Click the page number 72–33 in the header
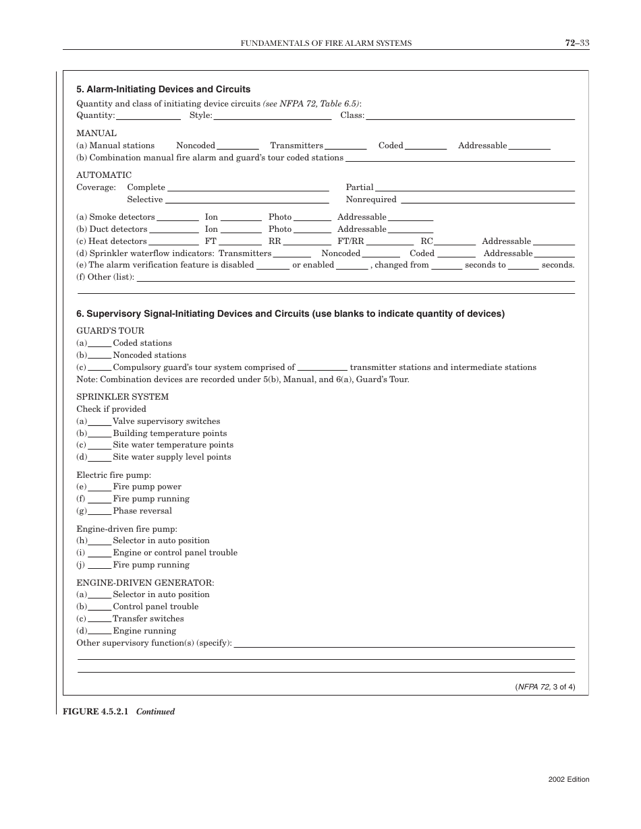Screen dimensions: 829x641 coord(577,43)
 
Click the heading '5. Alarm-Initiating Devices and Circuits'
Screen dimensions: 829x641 coord(163,89)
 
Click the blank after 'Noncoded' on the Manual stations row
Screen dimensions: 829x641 coord(238,147)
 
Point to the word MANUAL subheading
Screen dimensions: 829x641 coord(96,133)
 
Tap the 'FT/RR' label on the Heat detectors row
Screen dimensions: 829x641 coord(350,241)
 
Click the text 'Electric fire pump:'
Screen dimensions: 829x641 coord(113,475)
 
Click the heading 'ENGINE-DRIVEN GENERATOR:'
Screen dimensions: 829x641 coord(145,582)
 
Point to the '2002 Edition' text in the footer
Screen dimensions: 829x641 coord(569,780)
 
